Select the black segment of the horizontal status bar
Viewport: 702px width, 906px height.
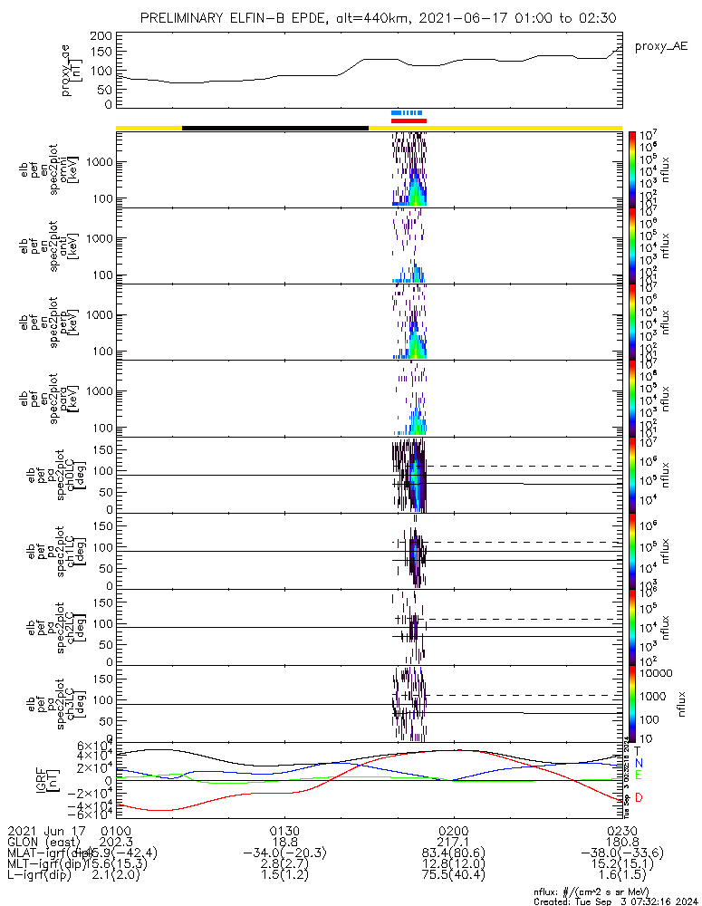275,128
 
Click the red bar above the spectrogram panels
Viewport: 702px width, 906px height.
409,120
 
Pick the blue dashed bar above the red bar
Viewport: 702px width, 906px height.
407,113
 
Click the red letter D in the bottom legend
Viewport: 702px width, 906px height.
639,797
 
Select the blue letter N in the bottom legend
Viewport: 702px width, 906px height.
639,763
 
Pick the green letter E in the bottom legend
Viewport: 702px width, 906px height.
639,775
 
